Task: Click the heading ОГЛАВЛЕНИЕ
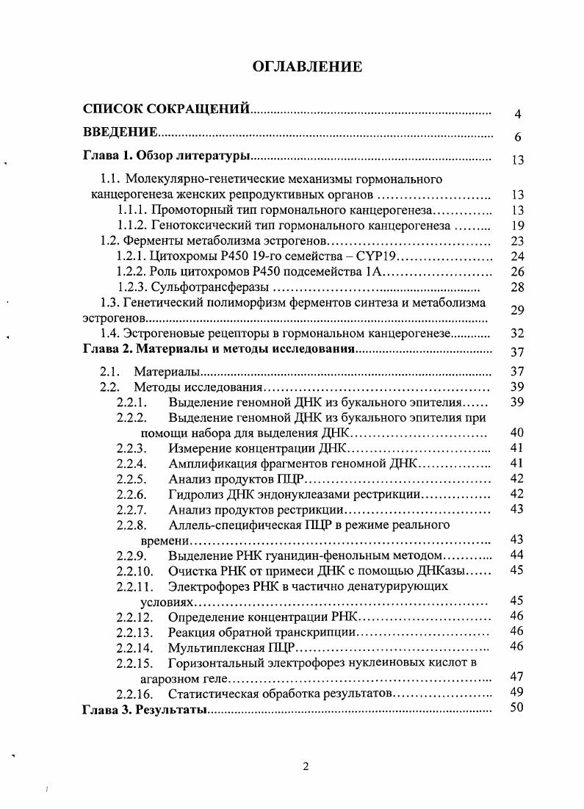pyautogui.click(x=307, y=67)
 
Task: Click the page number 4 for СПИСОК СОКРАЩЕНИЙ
pyautogui.click(x=517, y=115)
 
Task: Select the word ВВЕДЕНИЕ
pyautogui.click(x=120, y=132)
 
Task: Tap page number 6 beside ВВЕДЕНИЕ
pyautogui.click(x=517, y=137)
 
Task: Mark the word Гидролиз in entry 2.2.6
pyautogui.click(x=195, y=494)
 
